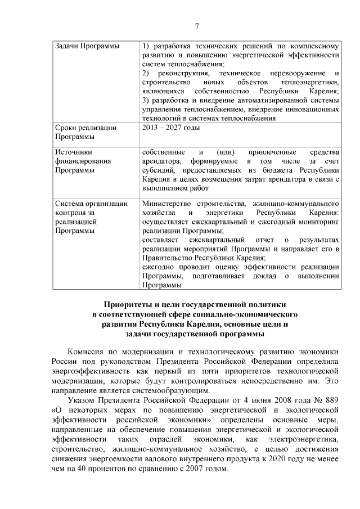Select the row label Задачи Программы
83,46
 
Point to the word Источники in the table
74,152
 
